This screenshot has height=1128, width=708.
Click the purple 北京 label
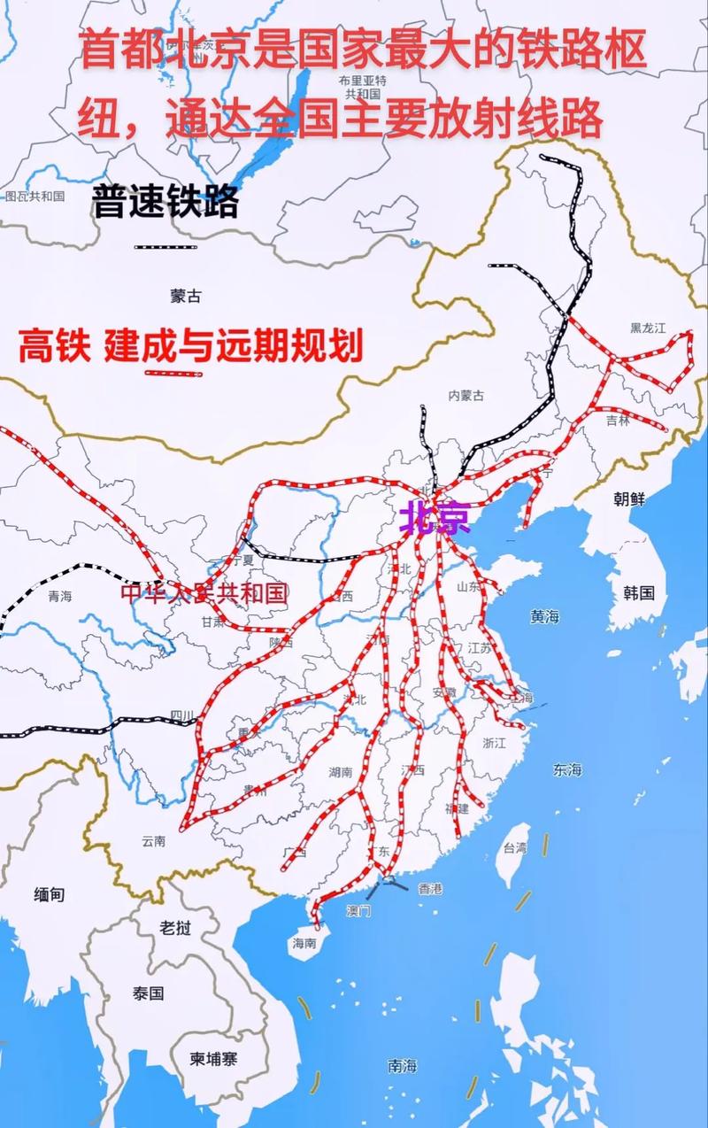tap(434, 517)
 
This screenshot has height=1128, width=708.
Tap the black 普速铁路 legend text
tap(165, 202)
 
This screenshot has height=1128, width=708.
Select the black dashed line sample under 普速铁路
tap(165, 245)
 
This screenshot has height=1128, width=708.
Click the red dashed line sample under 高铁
tap(173, 374)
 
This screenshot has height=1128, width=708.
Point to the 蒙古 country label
tap(186, 297)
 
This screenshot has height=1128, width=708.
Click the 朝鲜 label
tap(629, 498)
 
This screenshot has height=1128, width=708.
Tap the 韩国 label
tap(638, 592)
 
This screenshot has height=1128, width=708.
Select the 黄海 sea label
tap(545, 617)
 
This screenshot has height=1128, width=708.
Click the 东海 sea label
tap(567, 769)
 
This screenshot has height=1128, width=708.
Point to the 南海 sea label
tap(402, 1066)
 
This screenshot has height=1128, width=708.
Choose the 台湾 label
tap(515, 847)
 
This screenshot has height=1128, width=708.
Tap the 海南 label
tap(304, 943)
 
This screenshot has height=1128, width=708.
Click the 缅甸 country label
tap(50, 894)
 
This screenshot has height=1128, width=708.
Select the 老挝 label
tap(175, 927)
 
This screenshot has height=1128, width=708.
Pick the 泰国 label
tap(149, 993)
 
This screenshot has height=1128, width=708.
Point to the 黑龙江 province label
tap(648, 328)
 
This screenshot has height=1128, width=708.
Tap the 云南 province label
tap(153, 841)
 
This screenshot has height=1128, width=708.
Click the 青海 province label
tap(60, 597)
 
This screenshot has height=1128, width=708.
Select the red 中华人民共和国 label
tap(204, 592)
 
